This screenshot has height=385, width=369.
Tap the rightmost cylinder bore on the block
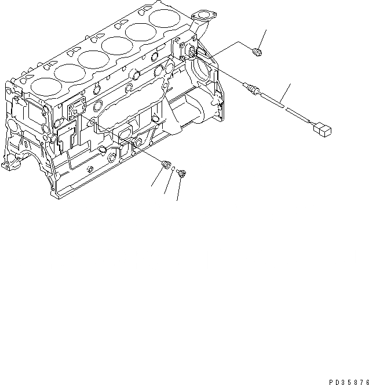point(163,17)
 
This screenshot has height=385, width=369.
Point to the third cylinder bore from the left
point(92,58)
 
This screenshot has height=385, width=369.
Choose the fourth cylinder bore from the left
point(115,44)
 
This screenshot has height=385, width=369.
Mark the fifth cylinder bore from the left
point(139,31)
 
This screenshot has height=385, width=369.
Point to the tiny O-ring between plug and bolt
point(173,170)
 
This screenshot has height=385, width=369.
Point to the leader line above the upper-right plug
point(264,39)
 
